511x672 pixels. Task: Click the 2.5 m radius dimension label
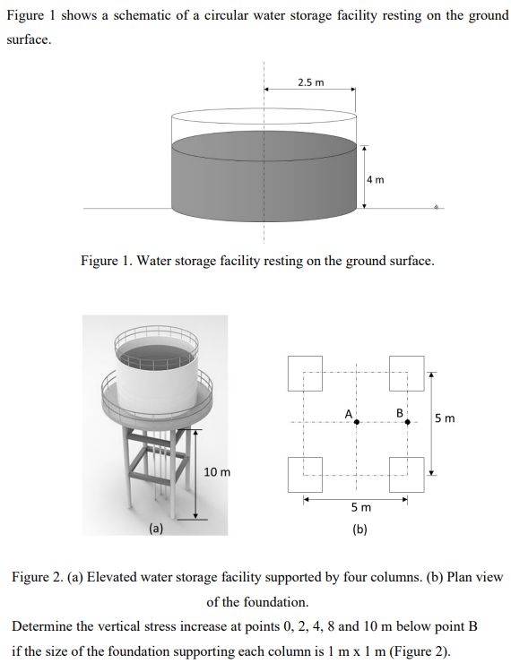(x=310, y=82)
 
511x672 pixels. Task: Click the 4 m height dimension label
(x=375, y=178)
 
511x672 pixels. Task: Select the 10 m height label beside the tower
(x=217, y=471)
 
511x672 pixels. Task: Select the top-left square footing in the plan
(x=305, y=372)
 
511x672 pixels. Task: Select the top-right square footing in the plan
(x=407, y=372)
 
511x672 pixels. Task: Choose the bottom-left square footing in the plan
(x=305, y=474)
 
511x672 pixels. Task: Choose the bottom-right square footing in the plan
(x=407, y=474)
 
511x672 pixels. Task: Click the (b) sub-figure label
(x=359, y=529)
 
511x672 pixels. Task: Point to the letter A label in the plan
(x=348, y=412)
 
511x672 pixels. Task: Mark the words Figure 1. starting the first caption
(x=107, y=261)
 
